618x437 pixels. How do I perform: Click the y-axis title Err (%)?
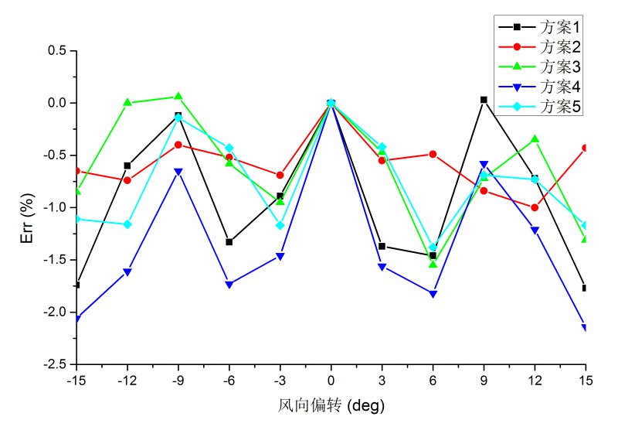(x=25, y=206)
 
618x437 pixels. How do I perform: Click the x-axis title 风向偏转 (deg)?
(x=331, y=405)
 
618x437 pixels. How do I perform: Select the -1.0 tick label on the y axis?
(x=56, y=207)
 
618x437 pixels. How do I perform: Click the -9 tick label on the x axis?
(x=178, y=381)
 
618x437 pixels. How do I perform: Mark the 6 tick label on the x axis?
(x=433, y=381)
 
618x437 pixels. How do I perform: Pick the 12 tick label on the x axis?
(x=535, y=381)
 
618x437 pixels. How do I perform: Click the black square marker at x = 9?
(x=484, y=100)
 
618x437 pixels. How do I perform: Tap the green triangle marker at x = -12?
(x=127, y=102)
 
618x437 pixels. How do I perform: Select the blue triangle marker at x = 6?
(x=433, y=294)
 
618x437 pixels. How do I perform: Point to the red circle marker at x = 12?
(x=535, y=207)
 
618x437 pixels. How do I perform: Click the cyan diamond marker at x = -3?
(x=280, y=225)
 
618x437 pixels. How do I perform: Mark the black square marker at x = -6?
(x=229, y=242)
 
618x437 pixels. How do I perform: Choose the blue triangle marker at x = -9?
(x=178, y=172)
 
